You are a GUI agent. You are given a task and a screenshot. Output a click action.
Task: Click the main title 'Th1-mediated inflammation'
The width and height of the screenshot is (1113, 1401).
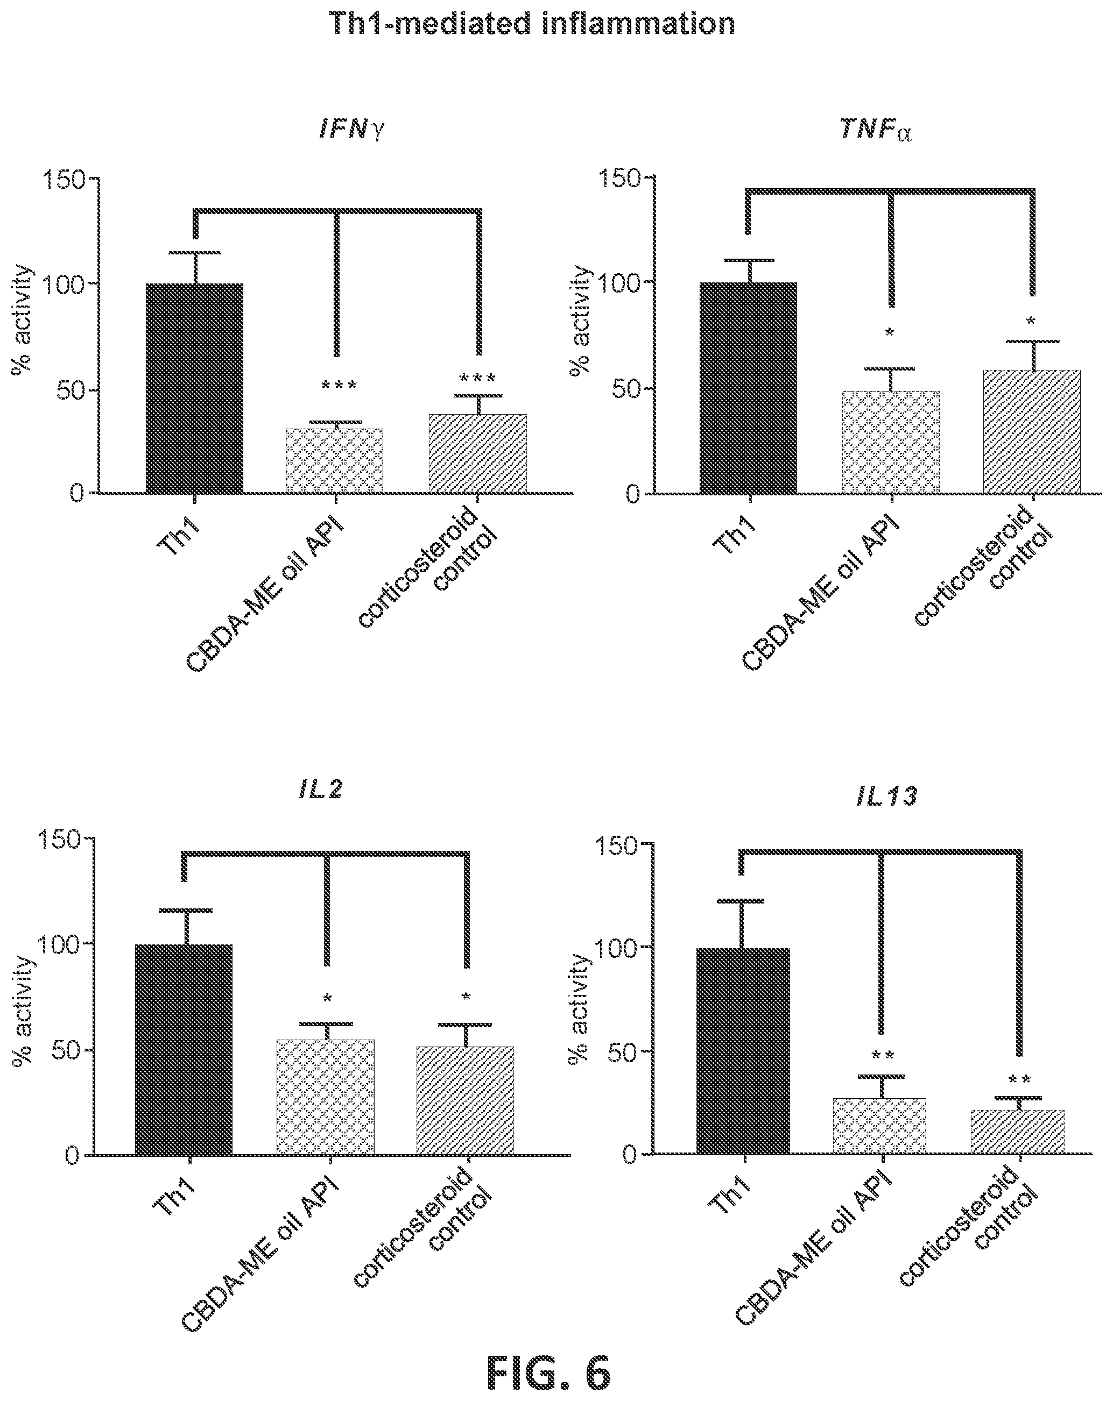click(532, 24)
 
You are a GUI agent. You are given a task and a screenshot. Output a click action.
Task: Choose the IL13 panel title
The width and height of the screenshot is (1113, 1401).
click(887, 796)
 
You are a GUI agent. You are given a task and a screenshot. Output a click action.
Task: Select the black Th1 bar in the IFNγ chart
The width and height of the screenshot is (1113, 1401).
click(194, 388)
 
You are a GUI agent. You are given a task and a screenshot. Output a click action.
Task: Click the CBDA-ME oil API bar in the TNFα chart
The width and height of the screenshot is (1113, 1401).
click(891, 442)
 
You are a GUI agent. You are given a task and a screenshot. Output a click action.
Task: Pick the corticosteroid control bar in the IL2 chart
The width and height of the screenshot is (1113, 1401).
click(465, 1100)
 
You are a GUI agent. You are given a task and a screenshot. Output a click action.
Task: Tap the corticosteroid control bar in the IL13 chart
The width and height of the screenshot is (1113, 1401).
click(1017, 1132)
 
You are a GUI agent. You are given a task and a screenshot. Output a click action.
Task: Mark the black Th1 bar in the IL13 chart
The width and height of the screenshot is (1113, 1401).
click(743, 1051)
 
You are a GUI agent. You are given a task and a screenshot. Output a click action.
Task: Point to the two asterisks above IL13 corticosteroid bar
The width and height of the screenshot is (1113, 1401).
click(1019, 1080)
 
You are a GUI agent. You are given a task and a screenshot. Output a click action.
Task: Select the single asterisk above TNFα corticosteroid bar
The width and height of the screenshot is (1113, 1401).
click(1031, 321)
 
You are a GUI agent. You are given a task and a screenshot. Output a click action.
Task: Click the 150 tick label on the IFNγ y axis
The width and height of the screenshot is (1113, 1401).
click(65, 179)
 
